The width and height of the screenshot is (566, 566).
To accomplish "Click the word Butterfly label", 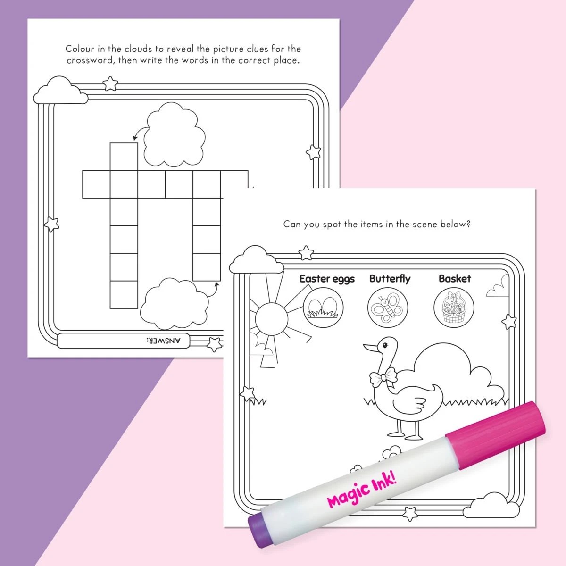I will [390, 279].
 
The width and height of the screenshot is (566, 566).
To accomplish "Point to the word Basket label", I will [455, 279].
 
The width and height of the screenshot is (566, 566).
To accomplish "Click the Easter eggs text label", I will [327, 279].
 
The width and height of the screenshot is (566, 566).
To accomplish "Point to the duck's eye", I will [386, 345].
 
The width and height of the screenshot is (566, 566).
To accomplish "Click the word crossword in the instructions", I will [89, 60].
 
